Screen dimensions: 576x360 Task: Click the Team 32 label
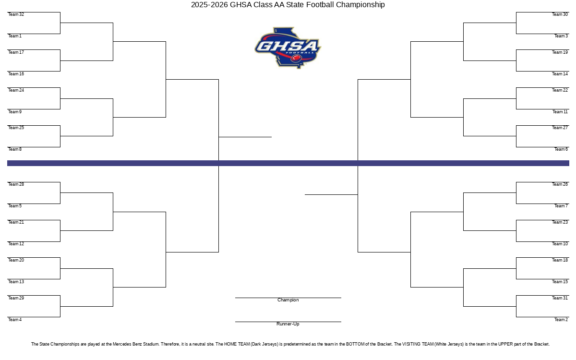pyautogui.click(x=16, y=14)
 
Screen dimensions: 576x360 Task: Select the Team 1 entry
pyautogui.click(x=15, y=36)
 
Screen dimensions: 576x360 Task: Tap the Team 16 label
pyautogui.click(x=16, y=74)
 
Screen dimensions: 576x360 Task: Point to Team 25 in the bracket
pyautogui.click(x=16, y=128)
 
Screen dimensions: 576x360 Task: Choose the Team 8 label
pyautogui.click(x=15, y=149)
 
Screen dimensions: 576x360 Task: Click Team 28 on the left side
pyautogui.click(x=16, y=184)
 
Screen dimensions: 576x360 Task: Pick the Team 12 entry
pyautogui.click(x=16, y=243)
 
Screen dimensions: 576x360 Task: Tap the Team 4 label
pyautogui.click(x=15, y=319)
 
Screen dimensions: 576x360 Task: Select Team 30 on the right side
pyautogui.click(x=560, y=14)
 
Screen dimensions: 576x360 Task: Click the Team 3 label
pyautogui.click(x=561, y=36)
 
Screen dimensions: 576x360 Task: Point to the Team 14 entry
pyautogui.click(x=560, y=74)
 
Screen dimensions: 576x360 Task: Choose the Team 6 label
pyautogui.click(x=561, y=149)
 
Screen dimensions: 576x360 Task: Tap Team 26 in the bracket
pyautogui.click(x=560, y=184)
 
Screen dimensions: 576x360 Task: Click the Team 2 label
pyautogui.click(x=561, y=319)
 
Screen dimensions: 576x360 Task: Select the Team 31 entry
pyautogui.click(x=560, y=298)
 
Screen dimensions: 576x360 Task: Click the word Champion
pyautogui.click(x=288, y=300)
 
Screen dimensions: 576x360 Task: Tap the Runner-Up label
pyautogui.click(x=288, y=324)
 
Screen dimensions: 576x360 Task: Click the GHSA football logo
pyautogui.click(x=288, y=48)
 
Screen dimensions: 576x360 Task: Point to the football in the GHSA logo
pyautogui.click(x=296, y=58)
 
